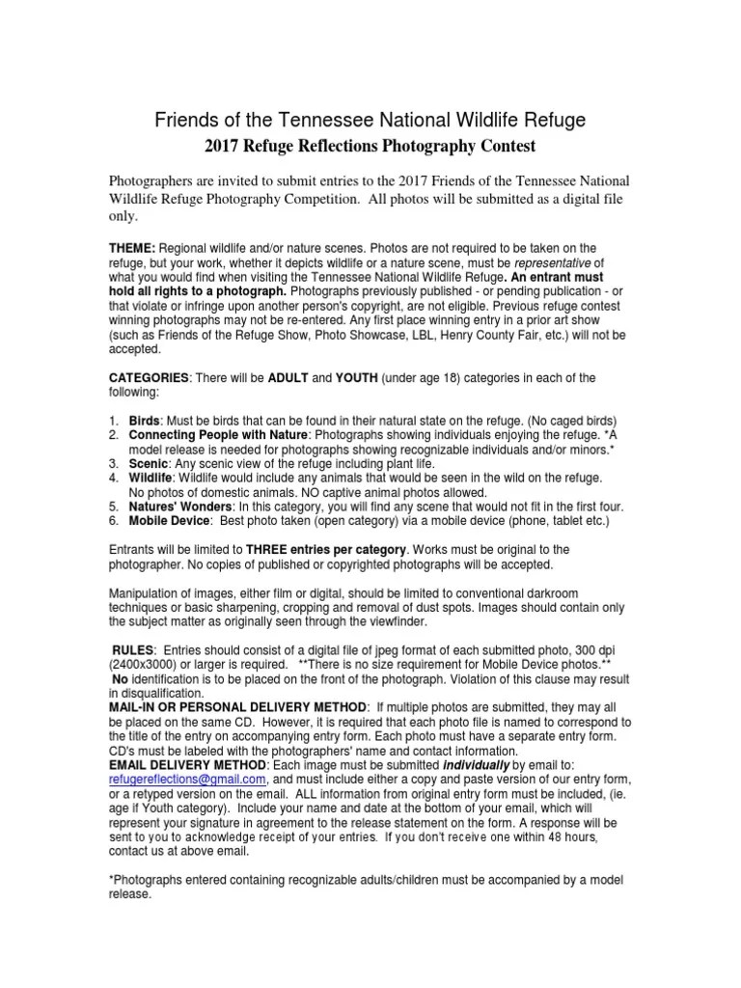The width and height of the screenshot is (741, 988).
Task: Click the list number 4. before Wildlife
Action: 113,478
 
